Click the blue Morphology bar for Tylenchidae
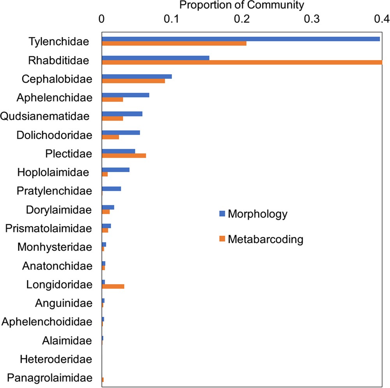tap(241, 39)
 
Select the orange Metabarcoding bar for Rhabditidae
tap(242, 62)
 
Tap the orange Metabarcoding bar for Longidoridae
tap(113, 286)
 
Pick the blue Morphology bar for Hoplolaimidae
tap(115, 170)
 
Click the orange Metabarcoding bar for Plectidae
tap(124, 155)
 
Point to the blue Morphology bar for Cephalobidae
tap(136, 77)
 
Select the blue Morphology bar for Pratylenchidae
tap(111, 189)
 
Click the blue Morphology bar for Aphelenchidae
tap(125, 95)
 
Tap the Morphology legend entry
tap(257, 214)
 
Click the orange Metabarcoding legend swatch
tap(222, 239)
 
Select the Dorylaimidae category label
tap(59, 210)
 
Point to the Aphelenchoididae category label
tap(47, 322)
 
